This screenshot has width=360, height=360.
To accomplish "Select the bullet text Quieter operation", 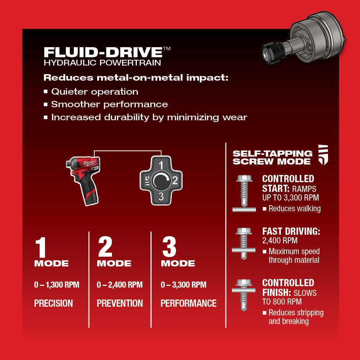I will pos(95,91).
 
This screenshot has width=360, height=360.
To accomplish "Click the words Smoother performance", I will pos(109,104).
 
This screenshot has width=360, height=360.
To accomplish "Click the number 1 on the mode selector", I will pos(161,166).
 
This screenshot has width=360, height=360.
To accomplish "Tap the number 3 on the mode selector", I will pos(161,196).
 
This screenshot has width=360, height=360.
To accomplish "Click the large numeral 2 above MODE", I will pos(105,247).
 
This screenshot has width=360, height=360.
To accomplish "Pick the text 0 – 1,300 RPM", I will pos(57,285).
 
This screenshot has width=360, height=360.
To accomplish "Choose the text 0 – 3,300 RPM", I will pos(184,285).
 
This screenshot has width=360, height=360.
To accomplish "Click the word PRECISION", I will pos(53,303).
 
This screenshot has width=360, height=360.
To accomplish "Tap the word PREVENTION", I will pos(120,303).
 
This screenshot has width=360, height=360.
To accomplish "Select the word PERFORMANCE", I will pos(188,303).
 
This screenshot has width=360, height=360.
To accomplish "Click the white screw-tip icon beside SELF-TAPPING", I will pos(323,155).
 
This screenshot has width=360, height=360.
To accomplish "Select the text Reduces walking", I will pos(294,209).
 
